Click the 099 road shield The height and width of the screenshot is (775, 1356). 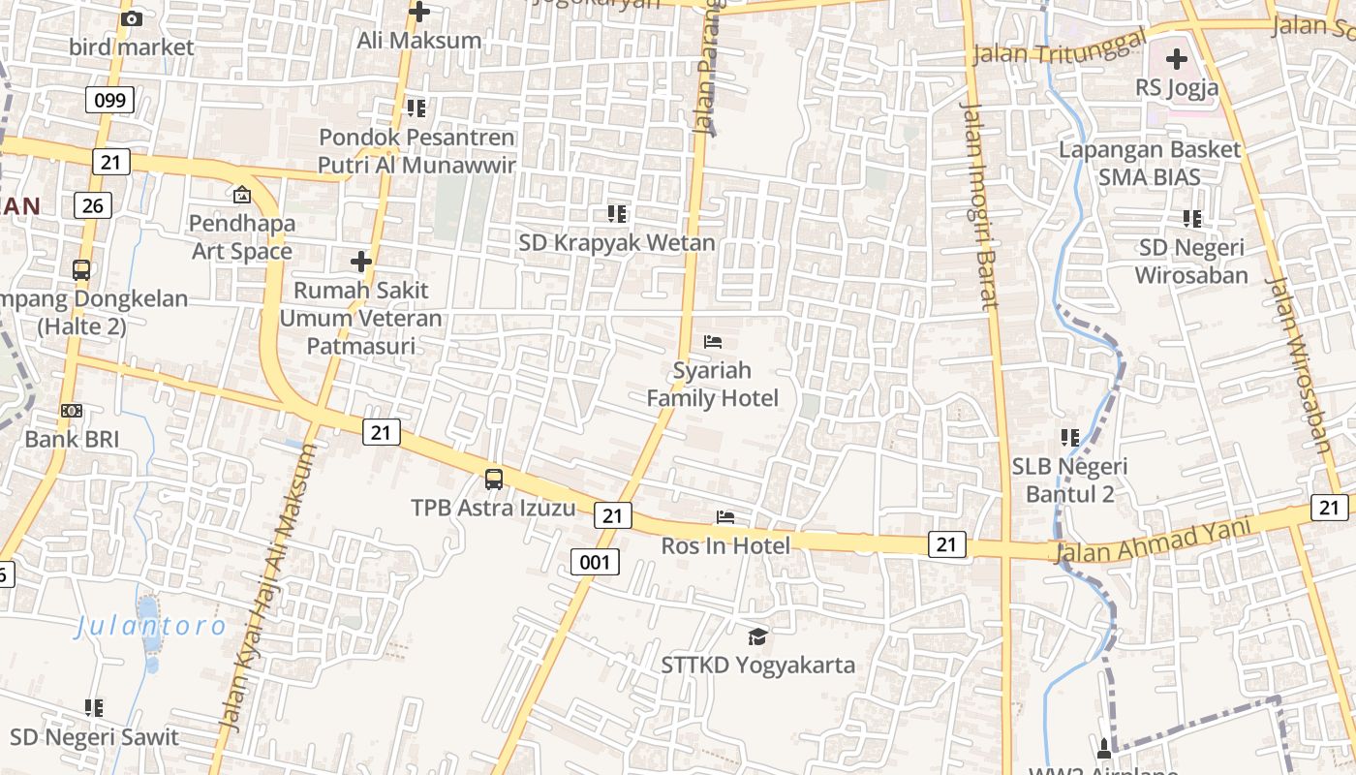[x=109, y=99]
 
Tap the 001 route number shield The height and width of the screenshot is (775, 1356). [x=595, y=561]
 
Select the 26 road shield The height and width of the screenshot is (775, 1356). [x=92, y=204]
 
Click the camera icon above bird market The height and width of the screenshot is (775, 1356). [x=132, y=18]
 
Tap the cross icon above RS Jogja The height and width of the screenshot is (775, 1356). [x=1177, y=59]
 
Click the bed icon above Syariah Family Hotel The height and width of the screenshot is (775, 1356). [x=713, y=341]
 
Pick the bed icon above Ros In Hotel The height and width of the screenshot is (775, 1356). [x=725, y=517]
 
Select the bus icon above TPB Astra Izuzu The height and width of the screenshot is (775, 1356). [x=494, y=479]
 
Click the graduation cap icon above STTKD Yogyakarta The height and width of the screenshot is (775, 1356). [x=757, y=636]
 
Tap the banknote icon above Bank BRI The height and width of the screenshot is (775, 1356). [x=72, y=411]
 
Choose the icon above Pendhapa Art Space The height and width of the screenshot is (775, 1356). [x=241, y=196]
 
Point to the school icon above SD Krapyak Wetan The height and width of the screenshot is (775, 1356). [x=616, y=213]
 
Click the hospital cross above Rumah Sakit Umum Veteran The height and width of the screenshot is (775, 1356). [x=361, y=262]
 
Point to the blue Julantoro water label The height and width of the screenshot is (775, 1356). [x=151, y=626]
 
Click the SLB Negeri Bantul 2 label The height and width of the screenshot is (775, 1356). [x=1070, y=480]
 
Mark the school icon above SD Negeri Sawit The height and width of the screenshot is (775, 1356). [x=94, y=708]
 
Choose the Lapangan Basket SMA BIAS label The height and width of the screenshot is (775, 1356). [x=1150, y=163]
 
